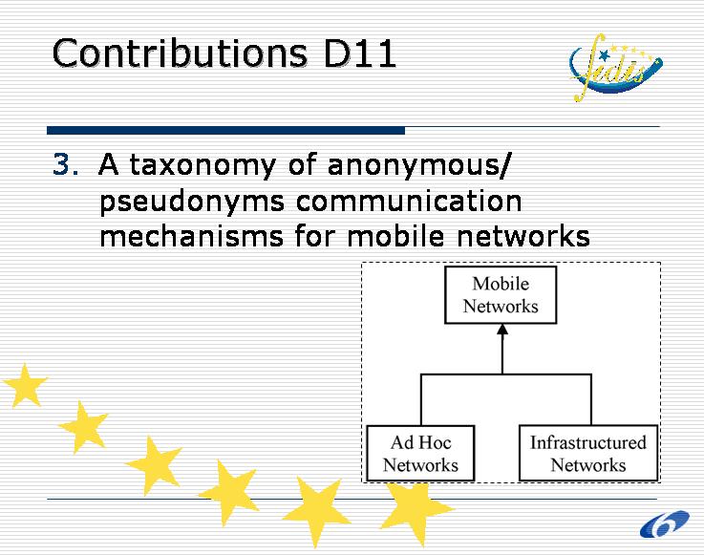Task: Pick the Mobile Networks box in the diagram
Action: tap(501, 295)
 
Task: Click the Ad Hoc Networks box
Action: tap(420, 453)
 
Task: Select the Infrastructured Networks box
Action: tap(587, 453)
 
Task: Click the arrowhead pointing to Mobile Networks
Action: tap(501, 333)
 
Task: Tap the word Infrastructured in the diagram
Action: tap(587, 442)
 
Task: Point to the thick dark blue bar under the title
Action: tap(225, 130)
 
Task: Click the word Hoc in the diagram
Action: tap(435, 442)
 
